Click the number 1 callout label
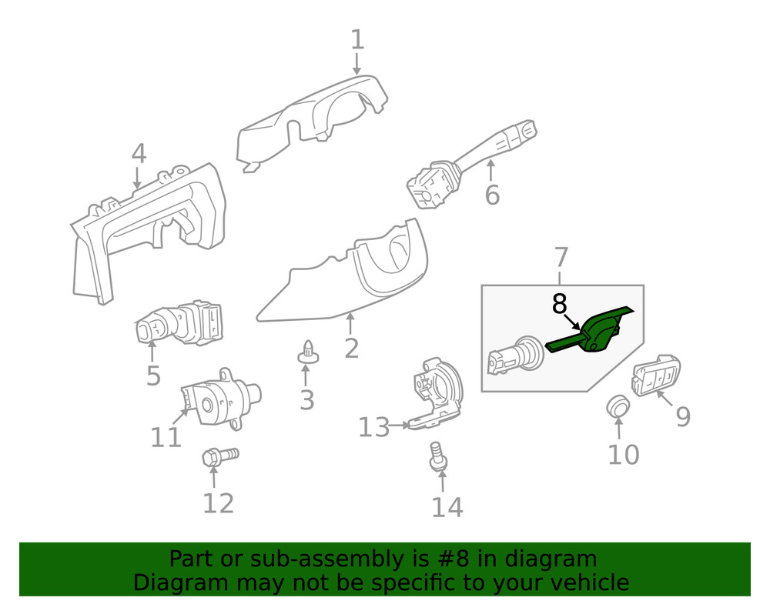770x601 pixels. point(357,39)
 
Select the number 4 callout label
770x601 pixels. point(138,154)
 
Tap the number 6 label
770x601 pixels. point(492,195)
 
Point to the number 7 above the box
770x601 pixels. point(561,258)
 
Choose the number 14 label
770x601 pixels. point(447,507)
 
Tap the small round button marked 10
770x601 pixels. point(618,406)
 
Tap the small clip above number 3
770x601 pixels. point(308,352)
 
